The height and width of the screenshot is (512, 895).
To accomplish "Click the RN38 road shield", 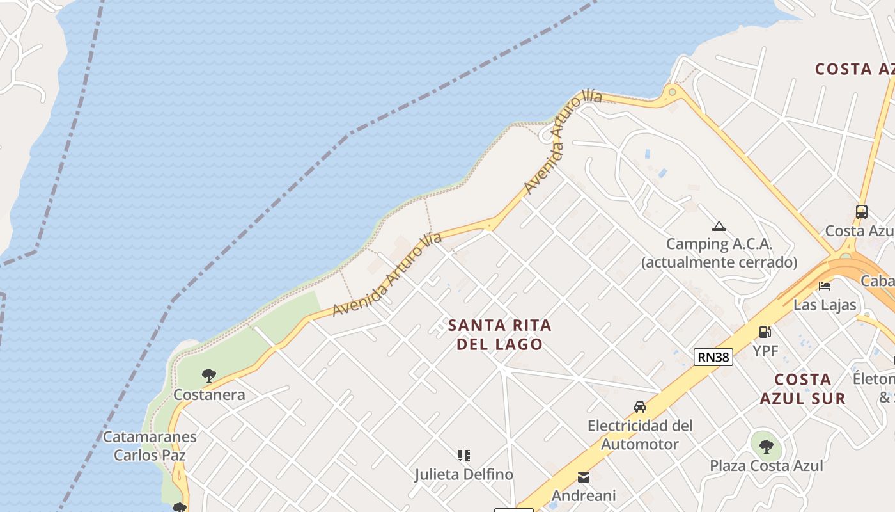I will (713, 356).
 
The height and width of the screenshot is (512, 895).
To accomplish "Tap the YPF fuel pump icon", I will (765, 332).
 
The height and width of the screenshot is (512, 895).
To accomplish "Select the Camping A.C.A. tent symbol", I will (719, 226).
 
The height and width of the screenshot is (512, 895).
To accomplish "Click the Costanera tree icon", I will (208, 376).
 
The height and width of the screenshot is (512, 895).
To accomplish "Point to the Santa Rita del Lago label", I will (499, 335).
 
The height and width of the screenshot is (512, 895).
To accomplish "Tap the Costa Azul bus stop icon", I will (861, 212).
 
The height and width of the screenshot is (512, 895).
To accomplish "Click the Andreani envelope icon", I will (584, 477).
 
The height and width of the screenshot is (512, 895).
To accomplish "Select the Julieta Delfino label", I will (463, 475).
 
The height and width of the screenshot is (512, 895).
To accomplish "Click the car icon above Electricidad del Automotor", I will (639, 407).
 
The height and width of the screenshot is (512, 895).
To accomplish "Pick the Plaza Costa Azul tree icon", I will (766, 446).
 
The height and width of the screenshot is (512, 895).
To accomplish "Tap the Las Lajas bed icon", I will (825, 285).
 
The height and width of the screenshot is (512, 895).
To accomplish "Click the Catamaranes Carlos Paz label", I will (150, 446).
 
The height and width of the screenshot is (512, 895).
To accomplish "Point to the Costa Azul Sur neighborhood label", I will (803, 388).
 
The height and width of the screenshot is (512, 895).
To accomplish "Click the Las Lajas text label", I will (825, 305).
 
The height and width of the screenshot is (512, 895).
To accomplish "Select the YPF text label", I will (765, 351).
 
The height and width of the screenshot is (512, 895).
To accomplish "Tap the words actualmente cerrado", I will (719, 262).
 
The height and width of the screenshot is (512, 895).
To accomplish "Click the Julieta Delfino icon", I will (464, 456).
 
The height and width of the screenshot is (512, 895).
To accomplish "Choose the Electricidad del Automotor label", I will (640, 435).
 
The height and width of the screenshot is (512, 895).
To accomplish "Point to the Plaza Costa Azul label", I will (767, 466).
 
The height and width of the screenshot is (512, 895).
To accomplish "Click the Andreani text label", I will (584, 496).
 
